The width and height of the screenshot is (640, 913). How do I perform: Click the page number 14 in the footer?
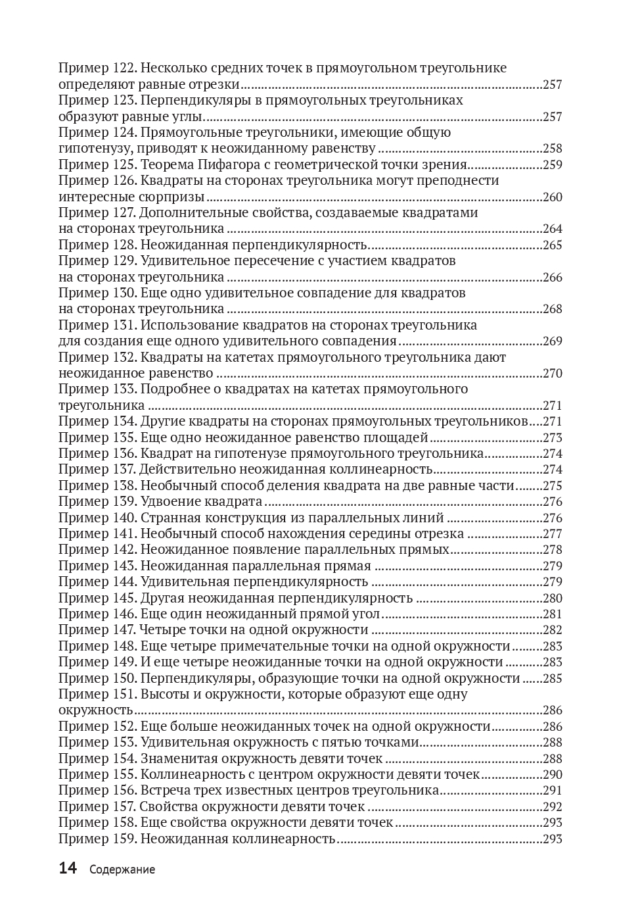point(68,868)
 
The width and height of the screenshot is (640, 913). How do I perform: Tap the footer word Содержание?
point(122,870)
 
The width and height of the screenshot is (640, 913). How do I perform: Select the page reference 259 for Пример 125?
point(553,164)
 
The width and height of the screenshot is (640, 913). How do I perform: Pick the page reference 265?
point(553,245)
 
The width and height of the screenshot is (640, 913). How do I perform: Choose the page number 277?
point(553,533)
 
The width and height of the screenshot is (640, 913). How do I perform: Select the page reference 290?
point(553,774)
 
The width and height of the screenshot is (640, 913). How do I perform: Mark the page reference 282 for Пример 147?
point(553,629)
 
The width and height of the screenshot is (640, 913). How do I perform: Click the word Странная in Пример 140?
point(168,518)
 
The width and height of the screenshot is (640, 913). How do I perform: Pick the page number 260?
point(553,197)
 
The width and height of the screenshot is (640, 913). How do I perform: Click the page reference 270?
point(553,373)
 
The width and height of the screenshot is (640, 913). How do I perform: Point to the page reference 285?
point(553,678)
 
